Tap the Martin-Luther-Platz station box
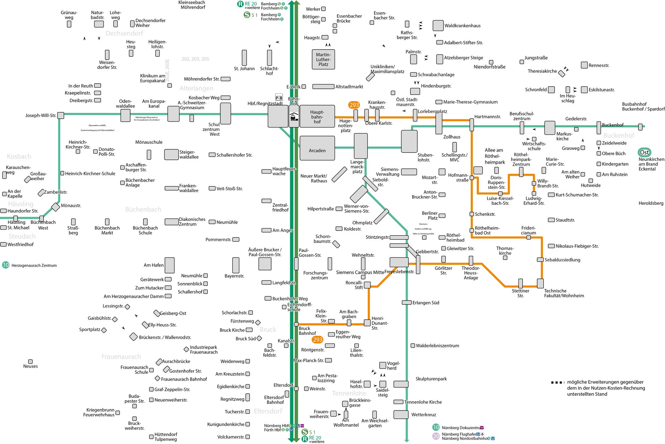point(323,60)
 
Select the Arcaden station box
point(317,148)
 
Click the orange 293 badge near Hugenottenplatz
point(354,105)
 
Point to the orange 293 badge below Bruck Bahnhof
point(318,340)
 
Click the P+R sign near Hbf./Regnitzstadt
point(279,98)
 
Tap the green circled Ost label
point(644,153)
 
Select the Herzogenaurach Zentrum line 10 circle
point(6,265)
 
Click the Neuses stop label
point(30,366)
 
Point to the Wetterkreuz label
point(424,415)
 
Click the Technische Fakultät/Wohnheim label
point(564,294)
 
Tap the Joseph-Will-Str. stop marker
point(61,115)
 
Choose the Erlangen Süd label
point(426,303)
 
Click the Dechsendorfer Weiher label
point(150,23)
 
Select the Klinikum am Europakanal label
point(152,78)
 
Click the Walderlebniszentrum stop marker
point(413,346)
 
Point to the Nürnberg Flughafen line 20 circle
point(436,436)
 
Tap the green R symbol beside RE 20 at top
point(240,4)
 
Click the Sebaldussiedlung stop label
point(562,260)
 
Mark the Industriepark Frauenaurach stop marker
point(186,349)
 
